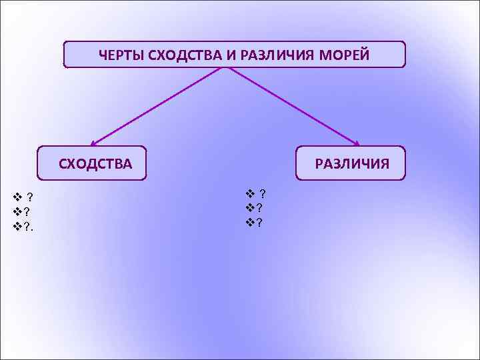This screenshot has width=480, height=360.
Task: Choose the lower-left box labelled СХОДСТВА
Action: point(91,163)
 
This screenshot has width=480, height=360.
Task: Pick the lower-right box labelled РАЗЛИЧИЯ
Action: point(351,163)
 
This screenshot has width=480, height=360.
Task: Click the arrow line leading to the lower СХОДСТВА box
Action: point(160,107)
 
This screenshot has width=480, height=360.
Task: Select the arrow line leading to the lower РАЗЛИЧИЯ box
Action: point(293,107)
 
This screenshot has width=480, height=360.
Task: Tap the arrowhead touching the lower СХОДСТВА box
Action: point(94,143)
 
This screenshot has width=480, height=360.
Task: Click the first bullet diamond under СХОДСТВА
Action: point(17,196)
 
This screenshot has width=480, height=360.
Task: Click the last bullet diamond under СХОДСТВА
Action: point(17,226)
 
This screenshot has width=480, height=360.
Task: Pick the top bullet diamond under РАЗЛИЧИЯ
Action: point(250,194)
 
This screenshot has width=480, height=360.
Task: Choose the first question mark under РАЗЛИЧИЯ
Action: point(263,194)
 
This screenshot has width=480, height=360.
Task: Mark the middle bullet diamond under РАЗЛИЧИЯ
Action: point(250,208)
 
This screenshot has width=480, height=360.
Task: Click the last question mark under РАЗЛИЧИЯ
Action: point(259,222)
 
